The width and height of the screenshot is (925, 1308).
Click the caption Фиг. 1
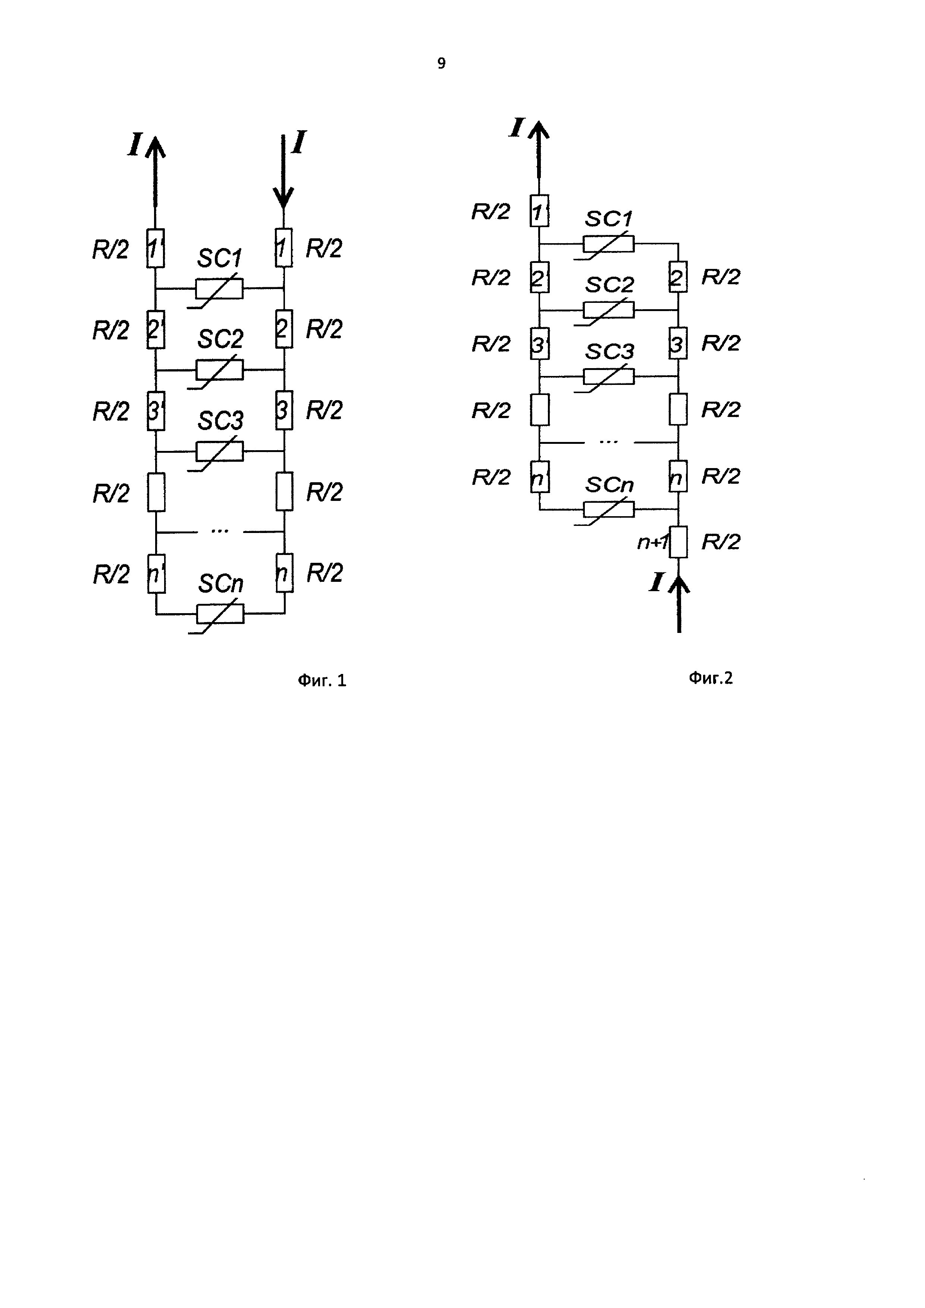[x=322, y=680]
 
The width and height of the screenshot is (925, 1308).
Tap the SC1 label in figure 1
[x=219, y=258]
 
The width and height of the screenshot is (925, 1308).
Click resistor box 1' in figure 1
[x=156, y=248]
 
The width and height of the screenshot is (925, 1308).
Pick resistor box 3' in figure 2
[x=539, y=344]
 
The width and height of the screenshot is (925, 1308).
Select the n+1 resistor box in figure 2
[x=678, y=542]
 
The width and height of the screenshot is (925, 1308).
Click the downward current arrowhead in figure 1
[x=283, y=198]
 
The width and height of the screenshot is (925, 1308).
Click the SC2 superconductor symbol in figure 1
[x=219, y=370]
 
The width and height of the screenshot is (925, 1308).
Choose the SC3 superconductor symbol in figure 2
[x=608, y=377]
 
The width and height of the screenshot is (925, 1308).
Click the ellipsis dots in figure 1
[x=220, y=531]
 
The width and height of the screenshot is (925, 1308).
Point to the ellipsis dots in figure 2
[x=609, y=442]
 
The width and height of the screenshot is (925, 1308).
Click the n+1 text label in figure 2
[x=652, y=542]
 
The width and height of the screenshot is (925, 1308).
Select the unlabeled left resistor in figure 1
[x=156, y=492]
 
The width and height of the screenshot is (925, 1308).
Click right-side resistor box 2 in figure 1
[x=283, y=329]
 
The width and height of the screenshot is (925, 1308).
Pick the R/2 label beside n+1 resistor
[x=721, y=542]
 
